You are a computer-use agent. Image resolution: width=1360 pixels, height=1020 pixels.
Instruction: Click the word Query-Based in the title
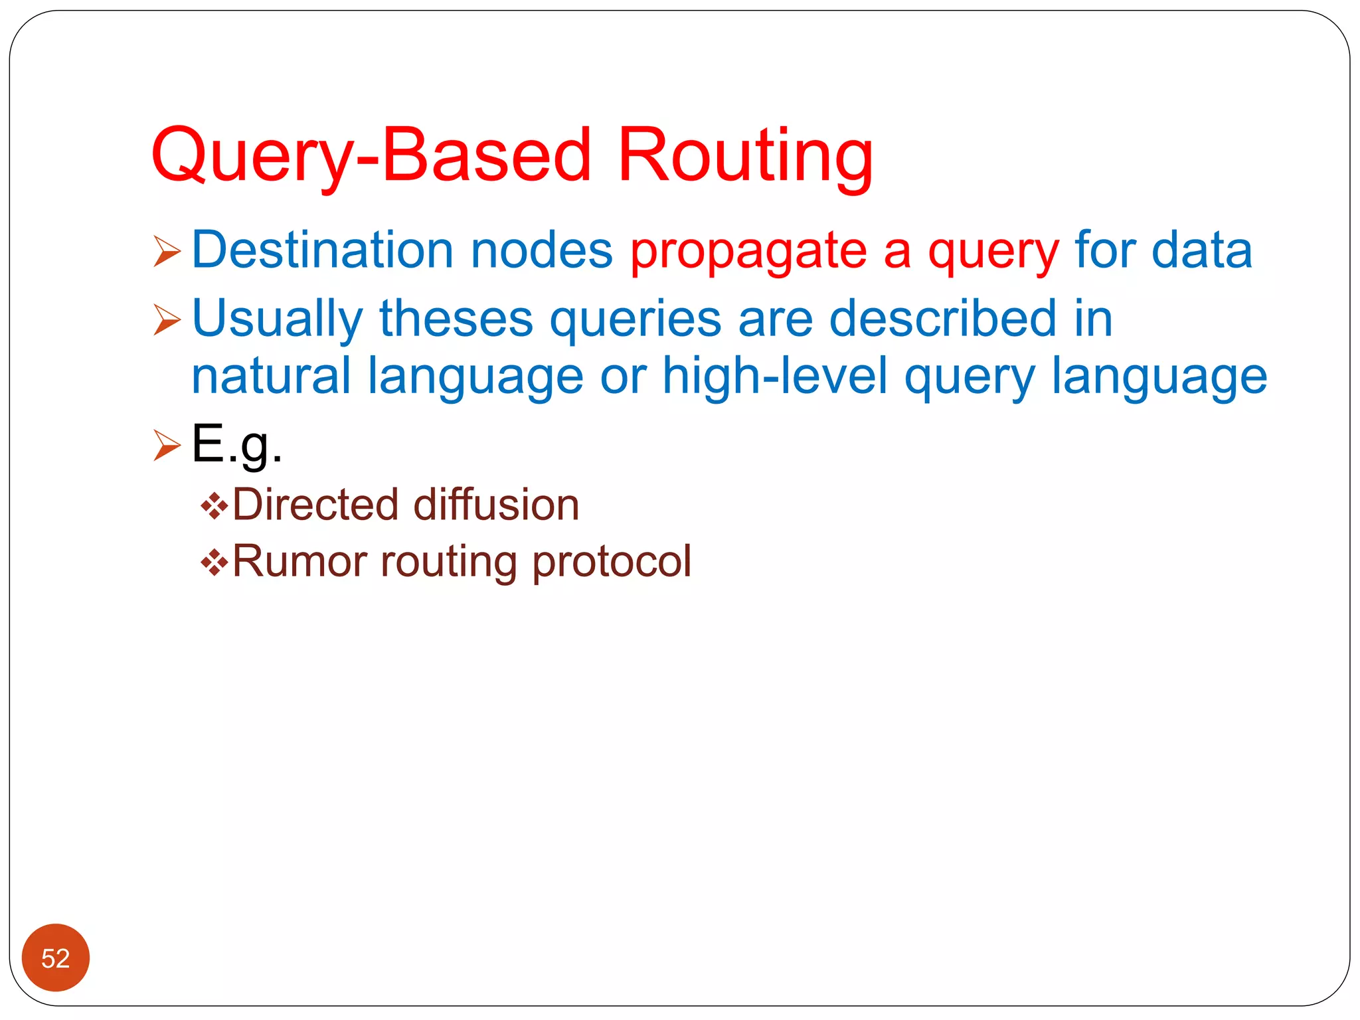[x=371, y=156]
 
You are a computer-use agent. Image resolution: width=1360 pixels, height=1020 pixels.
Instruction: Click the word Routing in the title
[x=745, y=156]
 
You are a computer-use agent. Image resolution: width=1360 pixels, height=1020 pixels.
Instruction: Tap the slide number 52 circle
[x=56, y=958]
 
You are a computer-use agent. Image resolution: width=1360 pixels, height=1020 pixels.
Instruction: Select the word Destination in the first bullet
[x=323, y=250]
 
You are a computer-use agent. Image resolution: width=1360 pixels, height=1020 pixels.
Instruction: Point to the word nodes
[x=541, y=250]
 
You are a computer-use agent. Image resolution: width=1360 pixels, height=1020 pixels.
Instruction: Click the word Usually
[x=277, y=319]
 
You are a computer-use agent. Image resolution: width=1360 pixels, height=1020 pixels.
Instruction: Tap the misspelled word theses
[x=456, y=318]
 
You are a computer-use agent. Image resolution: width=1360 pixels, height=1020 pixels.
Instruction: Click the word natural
[x=271, y=376]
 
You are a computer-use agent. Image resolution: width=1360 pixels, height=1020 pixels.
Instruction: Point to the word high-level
[x=775, y=376]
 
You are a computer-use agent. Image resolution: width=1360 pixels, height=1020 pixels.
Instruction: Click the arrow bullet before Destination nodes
[x=167, y=252]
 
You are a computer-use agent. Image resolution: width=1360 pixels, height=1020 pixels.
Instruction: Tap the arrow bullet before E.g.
[x=167, y=445]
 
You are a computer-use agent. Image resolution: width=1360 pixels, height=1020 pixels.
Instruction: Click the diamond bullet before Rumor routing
[x=214, y=563]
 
